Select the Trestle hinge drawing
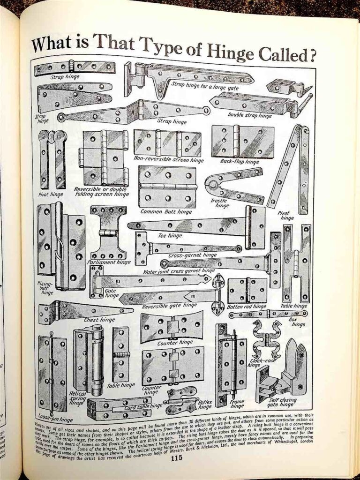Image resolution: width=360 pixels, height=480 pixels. (x=232, y=185)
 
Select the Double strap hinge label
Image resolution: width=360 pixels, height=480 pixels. (x=247, y=114)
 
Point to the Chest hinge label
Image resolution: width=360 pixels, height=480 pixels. (x=99, y=320)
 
